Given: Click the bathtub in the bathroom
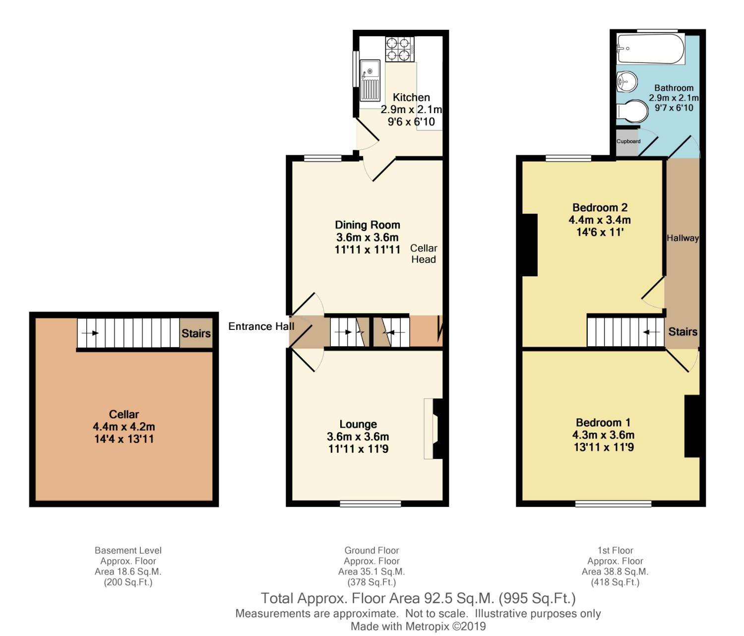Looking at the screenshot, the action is (650, 49).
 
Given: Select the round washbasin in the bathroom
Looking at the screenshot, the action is (626, 82).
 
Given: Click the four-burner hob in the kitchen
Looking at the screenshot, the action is (400, 49).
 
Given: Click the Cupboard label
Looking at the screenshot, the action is (628, 141).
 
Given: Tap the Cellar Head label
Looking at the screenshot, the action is (424, 254).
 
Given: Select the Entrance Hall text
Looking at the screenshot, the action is (261, 326).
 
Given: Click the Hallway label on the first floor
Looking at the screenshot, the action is (682, 238).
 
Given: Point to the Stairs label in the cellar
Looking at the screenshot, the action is (196, 334).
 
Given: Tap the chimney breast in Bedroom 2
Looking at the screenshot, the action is (530, 245).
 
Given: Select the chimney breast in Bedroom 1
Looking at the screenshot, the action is (692, 427).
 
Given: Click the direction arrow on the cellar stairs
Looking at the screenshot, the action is (90, 333).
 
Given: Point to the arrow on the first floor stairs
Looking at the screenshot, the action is (651, 332).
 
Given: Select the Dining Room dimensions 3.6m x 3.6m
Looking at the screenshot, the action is (368, 238).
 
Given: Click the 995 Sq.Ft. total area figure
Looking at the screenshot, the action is (537, 599).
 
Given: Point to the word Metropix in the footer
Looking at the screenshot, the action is (427, 627).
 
